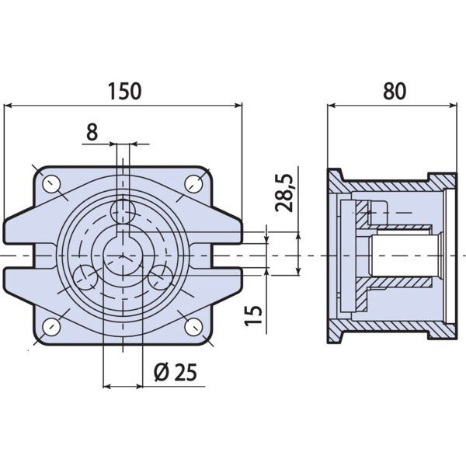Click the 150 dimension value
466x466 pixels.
[x=124, y=91]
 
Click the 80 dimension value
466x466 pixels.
[x=395, y=91]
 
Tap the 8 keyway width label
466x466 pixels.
[x=92, y=132]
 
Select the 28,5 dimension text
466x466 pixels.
[x=283, y=193]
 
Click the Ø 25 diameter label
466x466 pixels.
[x=176, y=372]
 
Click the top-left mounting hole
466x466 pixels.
[x=51, y=184]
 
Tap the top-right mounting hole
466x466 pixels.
[x=193, y=184]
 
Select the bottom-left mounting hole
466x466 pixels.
[x=51, y=327]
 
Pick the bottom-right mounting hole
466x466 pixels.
[x=193, y=327]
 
